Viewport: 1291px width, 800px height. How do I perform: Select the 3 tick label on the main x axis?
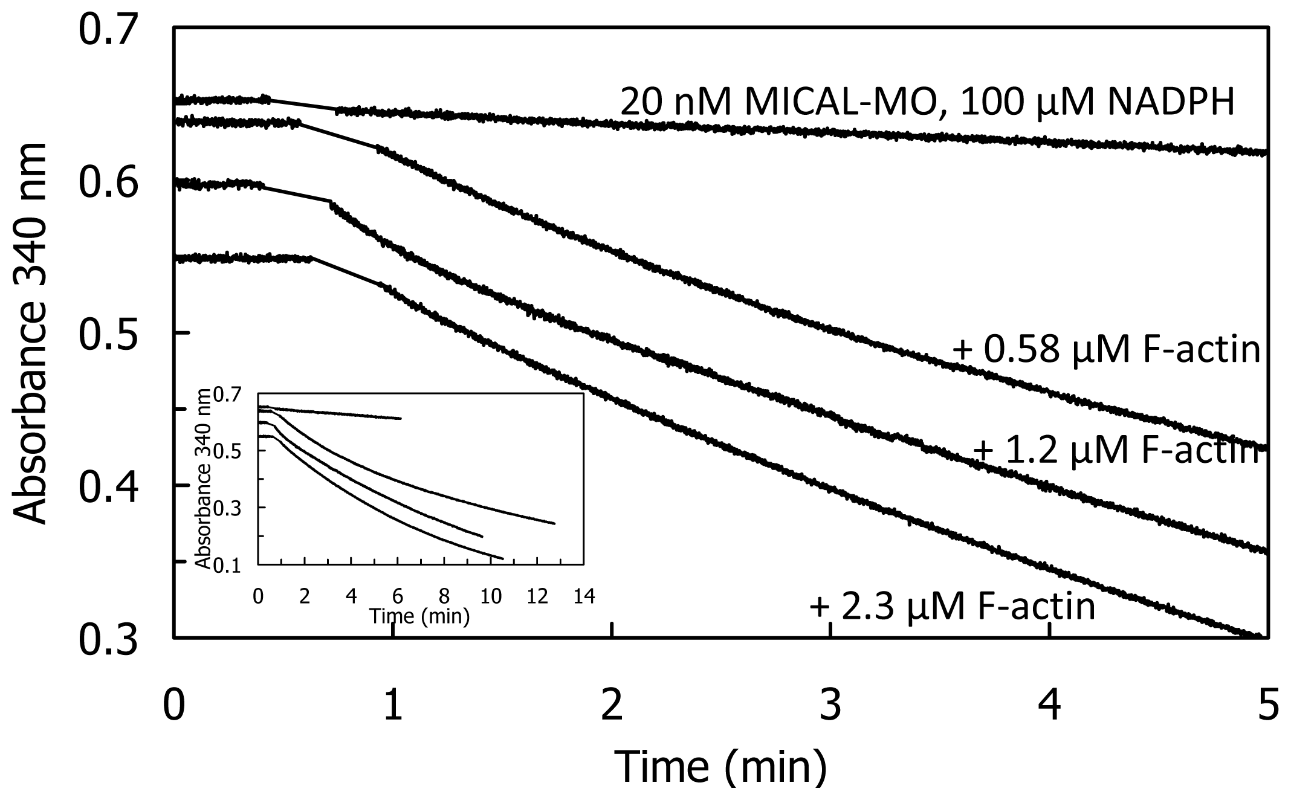tap(831, 705)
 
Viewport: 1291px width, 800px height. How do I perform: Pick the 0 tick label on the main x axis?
tap(174, 705)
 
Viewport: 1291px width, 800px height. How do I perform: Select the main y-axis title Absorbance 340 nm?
tap(30, 334)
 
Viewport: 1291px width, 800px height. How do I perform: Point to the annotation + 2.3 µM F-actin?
tap(953, 607)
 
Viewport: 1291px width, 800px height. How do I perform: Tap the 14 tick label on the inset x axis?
tap(583, 597)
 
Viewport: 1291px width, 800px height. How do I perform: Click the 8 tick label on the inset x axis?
tap(444, 597)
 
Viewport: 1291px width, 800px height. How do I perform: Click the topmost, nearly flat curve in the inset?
tap(338, 413)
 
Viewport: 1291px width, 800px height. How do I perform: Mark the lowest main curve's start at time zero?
tap(176, 259)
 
